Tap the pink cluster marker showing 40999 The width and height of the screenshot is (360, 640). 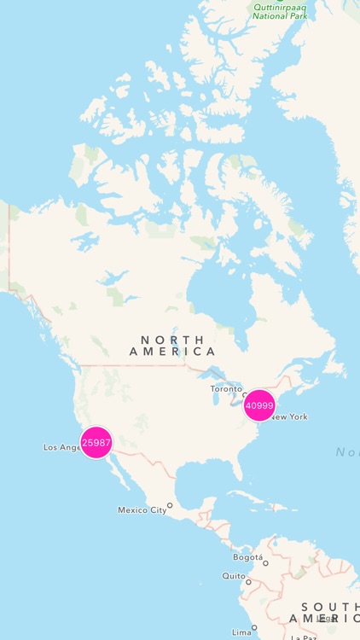(x=259, y=406)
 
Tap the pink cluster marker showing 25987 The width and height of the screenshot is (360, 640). (x=96, y=443)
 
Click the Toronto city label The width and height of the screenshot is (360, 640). (x=226, y=389)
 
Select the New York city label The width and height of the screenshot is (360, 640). (x=288, y=417)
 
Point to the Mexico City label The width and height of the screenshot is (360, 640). (x=142, y=510)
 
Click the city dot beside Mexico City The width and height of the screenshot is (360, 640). (x=170, y=505)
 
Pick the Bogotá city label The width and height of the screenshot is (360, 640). (x=247, y=557)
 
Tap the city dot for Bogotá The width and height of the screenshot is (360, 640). (x=265, y=563)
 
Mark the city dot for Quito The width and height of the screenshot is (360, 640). (x=248, y=581)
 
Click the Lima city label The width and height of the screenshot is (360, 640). (x=241, y=632)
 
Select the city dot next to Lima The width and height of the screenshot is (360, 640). (x=254, y=627)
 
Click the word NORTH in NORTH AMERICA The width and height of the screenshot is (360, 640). (x=171, y=340)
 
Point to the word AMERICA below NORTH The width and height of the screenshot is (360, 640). (x=171, y=352)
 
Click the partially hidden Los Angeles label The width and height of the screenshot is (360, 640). (x=61, y=447)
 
